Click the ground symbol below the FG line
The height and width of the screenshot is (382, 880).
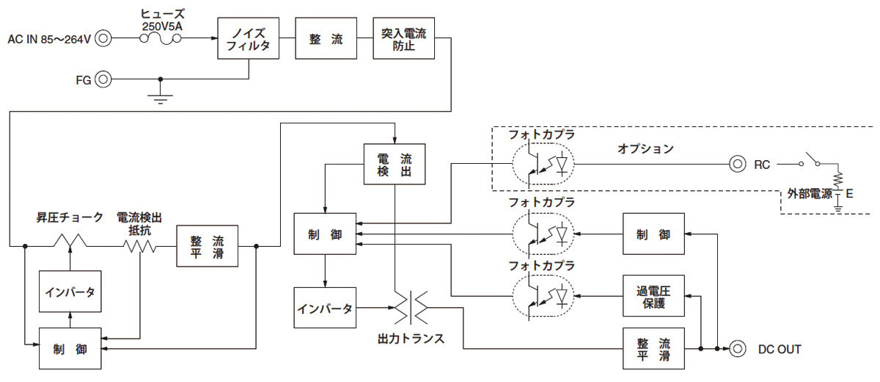point(161,97)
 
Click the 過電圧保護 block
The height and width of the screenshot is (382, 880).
point(653,295)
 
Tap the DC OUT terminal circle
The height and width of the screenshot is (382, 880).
point(736,348)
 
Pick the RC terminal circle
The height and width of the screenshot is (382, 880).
point(736,165)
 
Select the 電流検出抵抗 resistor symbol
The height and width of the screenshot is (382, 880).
point(139,245)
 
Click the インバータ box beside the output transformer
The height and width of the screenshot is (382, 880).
point(325,307)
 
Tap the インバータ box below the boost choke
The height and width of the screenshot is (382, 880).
point(70,292)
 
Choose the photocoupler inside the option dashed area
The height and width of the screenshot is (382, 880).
point(543,165)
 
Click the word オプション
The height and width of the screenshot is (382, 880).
point(645,148)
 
